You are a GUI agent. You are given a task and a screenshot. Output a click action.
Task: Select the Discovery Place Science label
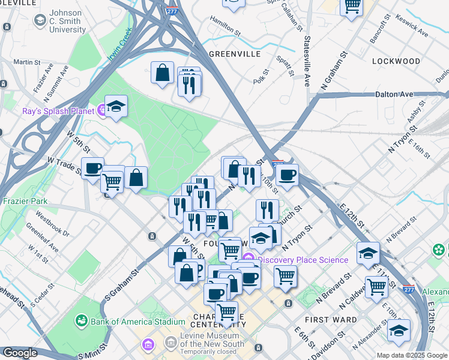click(303, 260)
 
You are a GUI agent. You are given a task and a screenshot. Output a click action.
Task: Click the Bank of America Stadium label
click(137, 322)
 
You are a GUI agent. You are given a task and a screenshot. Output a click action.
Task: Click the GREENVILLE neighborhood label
click(234, 53)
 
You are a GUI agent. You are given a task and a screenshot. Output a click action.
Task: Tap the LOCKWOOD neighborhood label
click(396, 61)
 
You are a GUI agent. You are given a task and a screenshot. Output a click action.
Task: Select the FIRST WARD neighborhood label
click(331, 320)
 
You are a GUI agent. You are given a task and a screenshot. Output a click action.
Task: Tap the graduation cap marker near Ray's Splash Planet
click(116, 106)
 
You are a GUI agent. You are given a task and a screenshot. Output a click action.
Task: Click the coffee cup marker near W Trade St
click(92, 167)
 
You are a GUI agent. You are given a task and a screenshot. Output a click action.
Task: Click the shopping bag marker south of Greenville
click(162, 72)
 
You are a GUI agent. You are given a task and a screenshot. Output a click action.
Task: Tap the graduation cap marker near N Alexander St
click(399, 329)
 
